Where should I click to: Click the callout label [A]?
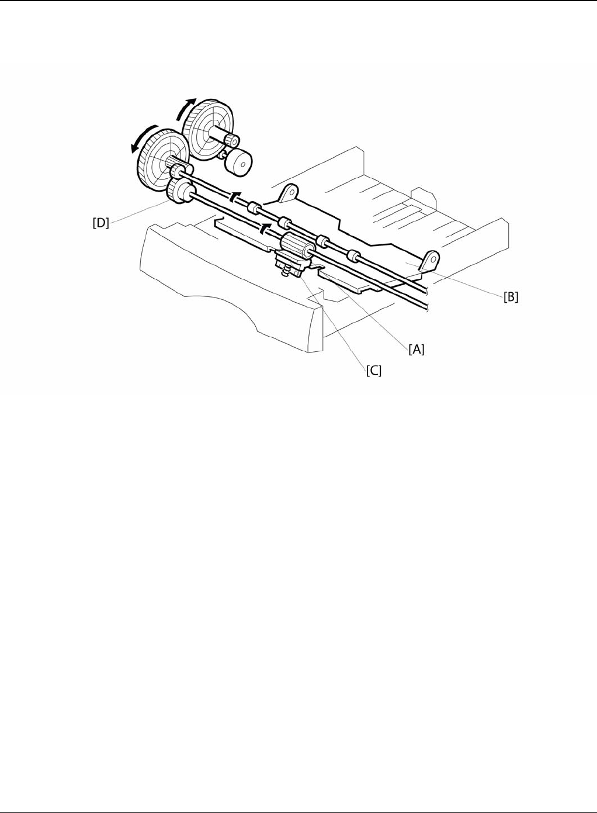[416, 350]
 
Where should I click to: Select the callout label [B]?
[511, 297]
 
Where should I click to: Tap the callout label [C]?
[374, 371]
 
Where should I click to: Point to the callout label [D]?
[101, 223]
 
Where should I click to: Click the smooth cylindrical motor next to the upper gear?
[238, 161]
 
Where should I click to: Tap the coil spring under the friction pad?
[287, 270]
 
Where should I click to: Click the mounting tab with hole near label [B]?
[431, 260]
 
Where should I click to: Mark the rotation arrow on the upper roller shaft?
[235, 196]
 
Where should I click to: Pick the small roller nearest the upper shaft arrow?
[254, 207]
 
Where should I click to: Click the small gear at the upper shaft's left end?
[176, 172]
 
